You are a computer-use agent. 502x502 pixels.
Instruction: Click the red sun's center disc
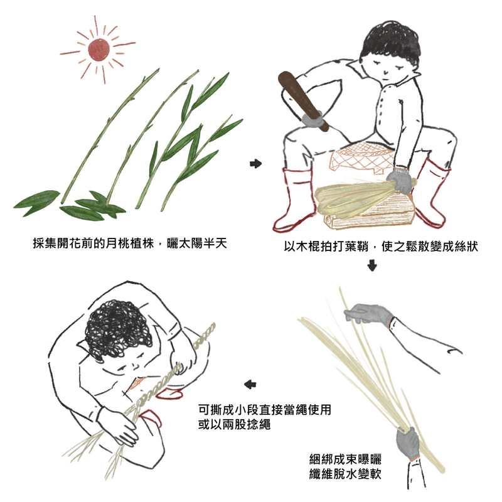click(99, 50)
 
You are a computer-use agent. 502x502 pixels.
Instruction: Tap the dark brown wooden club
click(302, 100)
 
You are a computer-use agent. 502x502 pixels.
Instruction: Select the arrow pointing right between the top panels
click(255, 164)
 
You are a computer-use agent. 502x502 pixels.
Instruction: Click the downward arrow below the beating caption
click(371, 265)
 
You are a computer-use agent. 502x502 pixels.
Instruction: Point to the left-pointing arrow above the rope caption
click(250, 384)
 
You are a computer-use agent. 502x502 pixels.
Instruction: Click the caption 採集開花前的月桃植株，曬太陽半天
click(130, 243)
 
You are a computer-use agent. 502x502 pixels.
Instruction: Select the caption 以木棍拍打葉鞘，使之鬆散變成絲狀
click(381, 246)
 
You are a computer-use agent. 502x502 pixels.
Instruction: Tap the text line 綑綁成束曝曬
click(345, 459)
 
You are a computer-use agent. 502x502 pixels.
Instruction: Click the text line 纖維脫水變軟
click(345, 474)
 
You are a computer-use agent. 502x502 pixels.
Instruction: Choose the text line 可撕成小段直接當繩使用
click(264, 410)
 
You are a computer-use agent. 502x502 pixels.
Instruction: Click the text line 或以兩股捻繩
click(234, 424)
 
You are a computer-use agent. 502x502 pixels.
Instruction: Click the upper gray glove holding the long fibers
click(368, 313)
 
